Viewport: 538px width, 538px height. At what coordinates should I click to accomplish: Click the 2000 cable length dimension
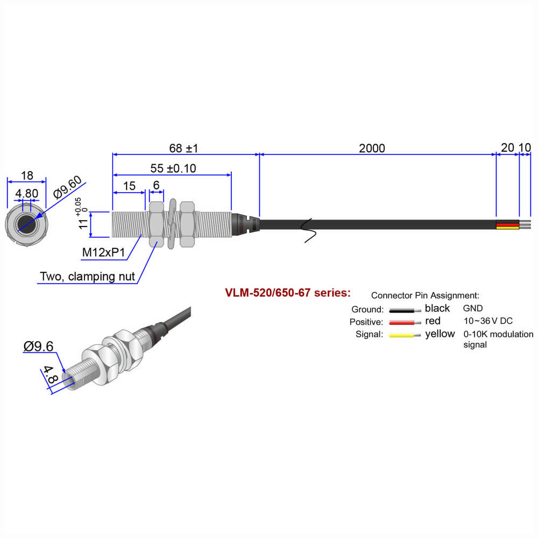point(372,148)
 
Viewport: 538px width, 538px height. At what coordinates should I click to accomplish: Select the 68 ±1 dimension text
point(185,148)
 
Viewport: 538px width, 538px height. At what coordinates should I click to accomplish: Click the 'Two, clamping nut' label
point(87,277)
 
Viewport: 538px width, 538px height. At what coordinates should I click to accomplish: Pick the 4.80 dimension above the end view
point(26,193)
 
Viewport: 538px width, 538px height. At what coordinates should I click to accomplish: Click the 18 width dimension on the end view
point(26,175)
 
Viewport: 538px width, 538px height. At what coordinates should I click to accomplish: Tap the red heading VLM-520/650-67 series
point(288,293)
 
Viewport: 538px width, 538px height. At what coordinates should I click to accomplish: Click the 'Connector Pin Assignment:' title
point(425,295)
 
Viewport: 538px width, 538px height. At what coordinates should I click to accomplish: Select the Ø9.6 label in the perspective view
point(38,346)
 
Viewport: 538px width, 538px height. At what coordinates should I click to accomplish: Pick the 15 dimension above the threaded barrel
point(129,186)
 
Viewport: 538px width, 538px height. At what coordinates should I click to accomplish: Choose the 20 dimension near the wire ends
point(507,148)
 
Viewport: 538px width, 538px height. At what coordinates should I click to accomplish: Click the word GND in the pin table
point(473,308)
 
